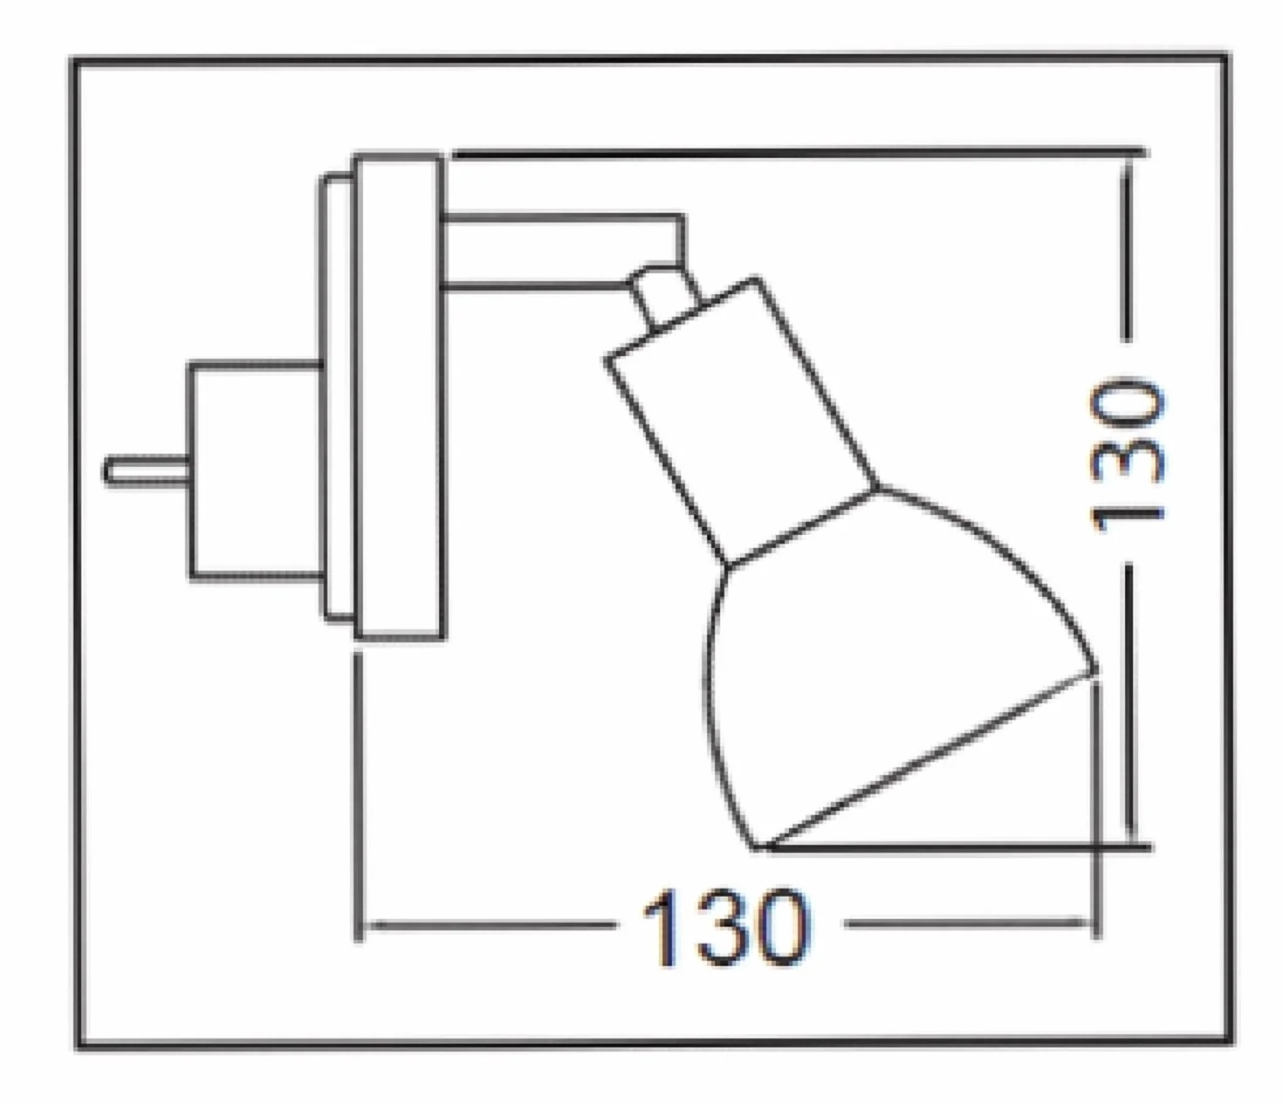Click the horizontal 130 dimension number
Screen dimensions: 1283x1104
pos(726,927)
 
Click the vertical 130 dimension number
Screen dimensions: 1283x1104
pos(1127,455)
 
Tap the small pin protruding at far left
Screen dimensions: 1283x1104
pos(147,470)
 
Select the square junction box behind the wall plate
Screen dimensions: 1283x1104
pos(256,471)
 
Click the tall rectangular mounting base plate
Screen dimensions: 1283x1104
pos(399,396)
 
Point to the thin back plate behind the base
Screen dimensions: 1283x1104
pos(337,396)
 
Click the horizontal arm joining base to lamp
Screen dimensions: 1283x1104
pos(562,251)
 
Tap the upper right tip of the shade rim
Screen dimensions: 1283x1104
pos(1094,670)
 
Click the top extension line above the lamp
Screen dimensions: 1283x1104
pos(799,152)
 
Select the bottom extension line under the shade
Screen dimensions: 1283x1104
pos(959,847)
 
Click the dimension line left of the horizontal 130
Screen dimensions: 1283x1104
pos(491,925)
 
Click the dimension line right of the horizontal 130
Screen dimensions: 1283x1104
pos(968,924)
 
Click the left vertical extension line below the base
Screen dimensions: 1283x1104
pos(358,797)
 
